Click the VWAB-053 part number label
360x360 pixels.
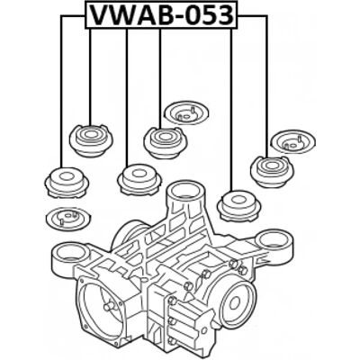(161, 15)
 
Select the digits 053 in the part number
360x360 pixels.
(211, 15)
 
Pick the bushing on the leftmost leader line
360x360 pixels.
(67, 183)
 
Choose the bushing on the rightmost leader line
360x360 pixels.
(272, 172)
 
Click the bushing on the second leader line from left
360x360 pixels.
(91, 140)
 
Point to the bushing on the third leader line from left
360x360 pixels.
(139, 179)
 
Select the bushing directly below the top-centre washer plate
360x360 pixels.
(166, 143)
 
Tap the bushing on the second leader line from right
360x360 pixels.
(238, 205)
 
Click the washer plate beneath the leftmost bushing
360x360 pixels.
(67, 218)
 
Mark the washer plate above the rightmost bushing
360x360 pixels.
(293, 141)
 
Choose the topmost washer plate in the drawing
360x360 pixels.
(186, 112)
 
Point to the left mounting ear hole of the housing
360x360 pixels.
(69, 253)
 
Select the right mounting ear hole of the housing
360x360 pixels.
(273, 240)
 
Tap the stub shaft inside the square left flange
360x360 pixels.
(109, 306)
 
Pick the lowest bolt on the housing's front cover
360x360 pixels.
(172, 340)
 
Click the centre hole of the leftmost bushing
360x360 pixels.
(67, 175)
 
